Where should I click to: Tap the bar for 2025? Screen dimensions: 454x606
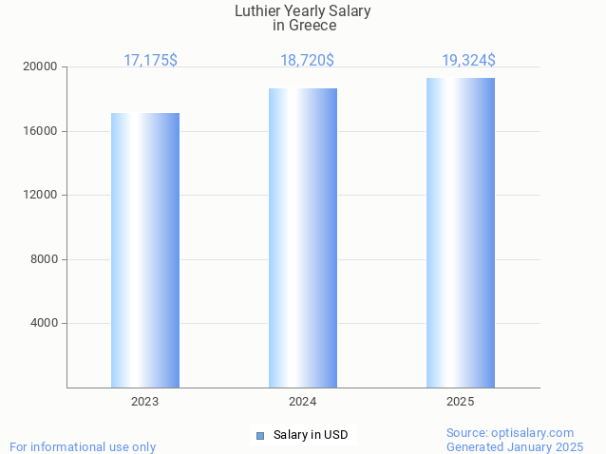tap(461, 233)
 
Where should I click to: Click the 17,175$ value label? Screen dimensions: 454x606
tap(150, 60)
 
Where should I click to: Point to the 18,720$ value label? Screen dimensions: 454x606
tap(307, 60)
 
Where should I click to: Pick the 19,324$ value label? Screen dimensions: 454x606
tap(468, 60)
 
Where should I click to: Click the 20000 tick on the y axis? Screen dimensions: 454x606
tap(42, 67)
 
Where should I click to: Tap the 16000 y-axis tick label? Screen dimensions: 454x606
tap(42, 131)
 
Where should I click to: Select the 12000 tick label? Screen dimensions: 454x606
tap(42, 196)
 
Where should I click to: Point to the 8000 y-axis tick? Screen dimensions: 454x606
tap(45, 259)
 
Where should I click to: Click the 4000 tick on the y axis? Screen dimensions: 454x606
tap(45, 324)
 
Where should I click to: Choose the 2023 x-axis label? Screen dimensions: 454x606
tap(145, 402)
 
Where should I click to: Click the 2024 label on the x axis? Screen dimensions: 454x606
tap(303, 402)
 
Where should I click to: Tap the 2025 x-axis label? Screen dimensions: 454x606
tap(461, 402)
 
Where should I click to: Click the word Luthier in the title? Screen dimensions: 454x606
tap(257, 11)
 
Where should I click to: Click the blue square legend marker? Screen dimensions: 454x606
tap(260, 436)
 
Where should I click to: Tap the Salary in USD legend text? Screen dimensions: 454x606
tap(311, 435)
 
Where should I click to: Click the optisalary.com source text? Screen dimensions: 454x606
tap(537, 432)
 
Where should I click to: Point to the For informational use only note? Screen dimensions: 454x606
tap(83, 446)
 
